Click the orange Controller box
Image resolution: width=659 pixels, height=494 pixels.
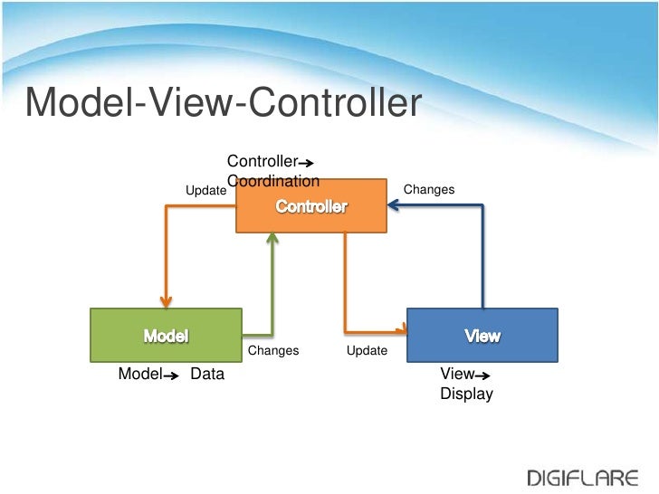tap(310, 206)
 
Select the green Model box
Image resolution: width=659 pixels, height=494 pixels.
tap(166, 335)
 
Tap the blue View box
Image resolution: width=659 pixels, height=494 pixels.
tap(482, 335)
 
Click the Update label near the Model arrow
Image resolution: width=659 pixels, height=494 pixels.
tap(205, 191)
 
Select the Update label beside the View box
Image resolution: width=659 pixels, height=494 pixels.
tap(367, 350)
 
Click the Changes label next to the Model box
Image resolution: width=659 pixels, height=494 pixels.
tap(272, 350)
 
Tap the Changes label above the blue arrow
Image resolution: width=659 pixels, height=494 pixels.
tap(428, 189)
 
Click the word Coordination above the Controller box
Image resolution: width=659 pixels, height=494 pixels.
tap(274, 180)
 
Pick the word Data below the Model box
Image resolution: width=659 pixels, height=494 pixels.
tap(207, 374)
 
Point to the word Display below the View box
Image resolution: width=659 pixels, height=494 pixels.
tap(466, 394)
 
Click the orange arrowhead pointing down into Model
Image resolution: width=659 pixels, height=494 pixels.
tap(166, 302)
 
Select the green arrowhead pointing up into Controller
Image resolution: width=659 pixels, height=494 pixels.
tap(272, 237)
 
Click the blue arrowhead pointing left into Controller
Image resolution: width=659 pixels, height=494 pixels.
tap(394, 206)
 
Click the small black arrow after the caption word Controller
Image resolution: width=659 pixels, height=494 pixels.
tap(306, 164)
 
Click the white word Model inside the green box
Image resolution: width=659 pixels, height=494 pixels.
tap(166, 336)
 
